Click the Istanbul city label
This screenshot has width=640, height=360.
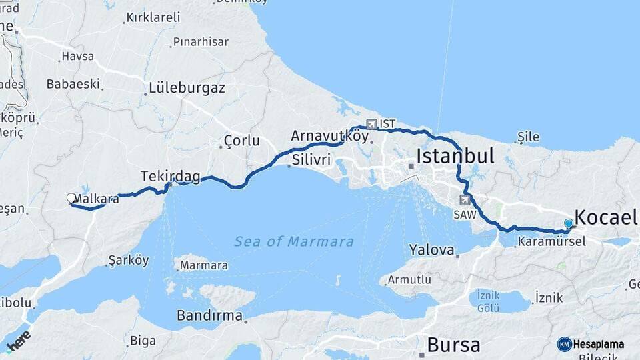point(455,157)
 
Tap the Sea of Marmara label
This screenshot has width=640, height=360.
point(293,241)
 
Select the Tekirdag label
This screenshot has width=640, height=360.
point(170,176)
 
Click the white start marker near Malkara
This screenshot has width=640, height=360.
point(71,198)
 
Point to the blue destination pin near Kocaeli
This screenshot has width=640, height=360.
point(568,225)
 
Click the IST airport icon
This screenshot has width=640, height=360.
point(371,124)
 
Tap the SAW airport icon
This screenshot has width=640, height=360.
point(464,199)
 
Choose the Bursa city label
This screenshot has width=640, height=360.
point(453,345)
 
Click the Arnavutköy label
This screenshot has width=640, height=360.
point(329,136)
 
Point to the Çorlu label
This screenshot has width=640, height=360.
point(241,141)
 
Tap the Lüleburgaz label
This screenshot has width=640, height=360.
point(187,87)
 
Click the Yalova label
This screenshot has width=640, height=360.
point(431,251)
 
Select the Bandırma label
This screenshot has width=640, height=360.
point(209,315)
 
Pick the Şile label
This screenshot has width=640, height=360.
point(528,137)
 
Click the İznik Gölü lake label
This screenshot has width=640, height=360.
point(488,301)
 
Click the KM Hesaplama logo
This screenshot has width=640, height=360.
point(591,344)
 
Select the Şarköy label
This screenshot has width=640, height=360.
point(129,260)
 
